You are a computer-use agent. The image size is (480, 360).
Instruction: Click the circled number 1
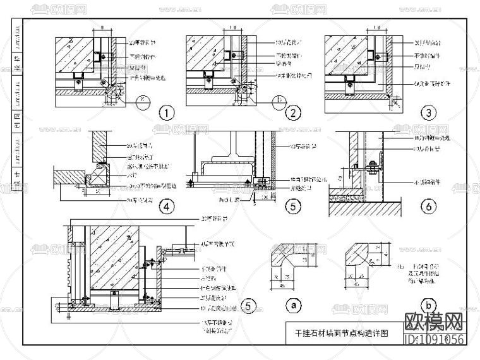166,114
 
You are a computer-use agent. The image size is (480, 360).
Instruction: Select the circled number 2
292,114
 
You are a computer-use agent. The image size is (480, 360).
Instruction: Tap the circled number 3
429,114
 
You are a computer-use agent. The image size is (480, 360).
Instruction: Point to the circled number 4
166,205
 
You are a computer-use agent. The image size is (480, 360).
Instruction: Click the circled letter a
292,306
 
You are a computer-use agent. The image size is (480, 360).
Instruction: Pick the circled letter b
429,306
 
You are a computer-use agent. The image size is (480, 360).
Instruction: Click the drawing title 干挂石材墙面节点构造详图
342,330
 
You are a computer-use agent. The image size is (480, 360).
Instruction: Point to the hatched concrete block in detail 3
344,54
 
